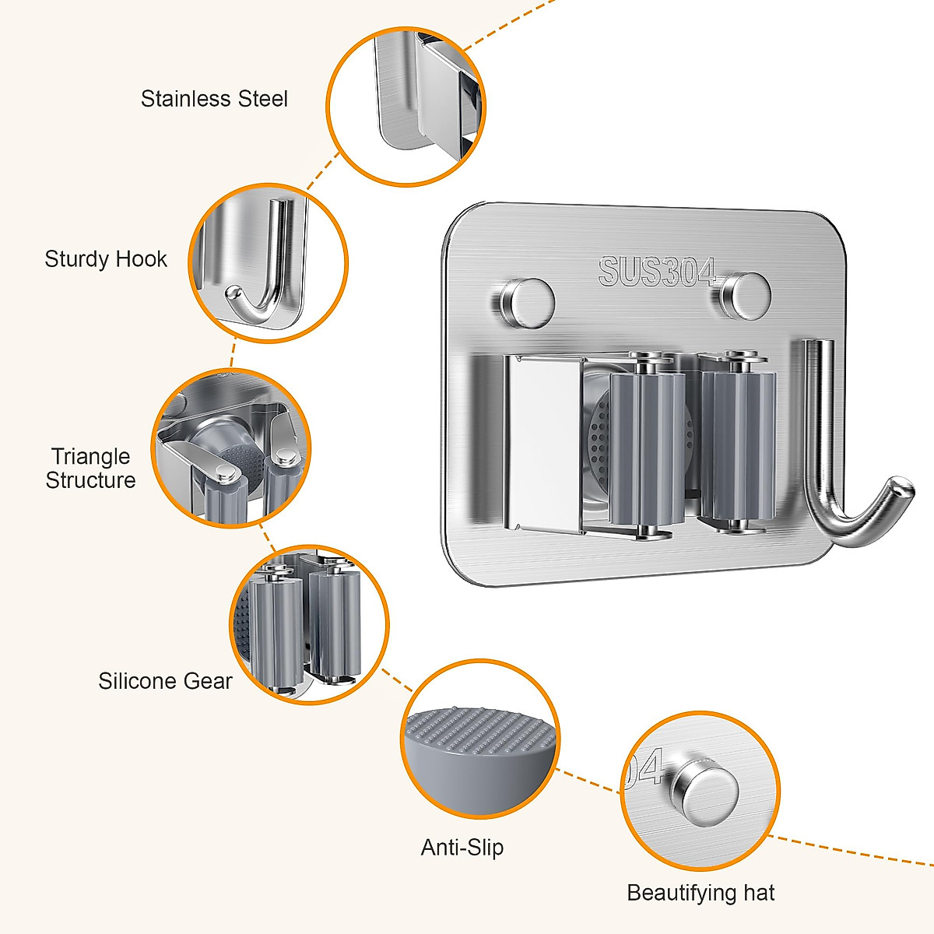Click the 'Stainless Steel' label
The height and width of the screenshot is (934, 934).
point(214,99)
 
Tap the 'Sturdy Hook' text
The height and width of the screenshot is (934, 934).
point(106,259)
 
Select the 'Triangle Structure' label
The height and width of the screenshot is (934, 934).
point(90,469)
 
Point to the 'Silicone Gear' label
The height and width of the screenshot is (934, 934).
point(165,681)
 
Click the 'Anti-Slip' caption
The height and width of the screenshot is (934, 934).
point(462,847)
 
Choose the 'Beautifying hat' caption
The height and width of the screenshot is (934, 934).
point(700,893)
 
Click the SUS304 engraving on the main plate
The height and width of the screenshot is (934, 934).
point(657,272)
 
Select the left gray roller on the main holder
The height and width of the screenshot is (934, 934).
point(646,448)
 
